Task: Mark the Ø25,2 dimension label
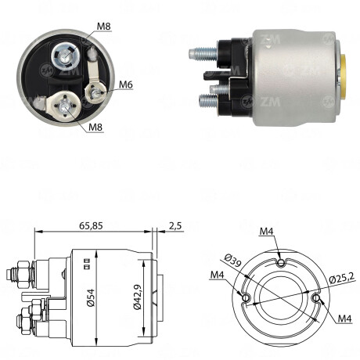tap(341, 277)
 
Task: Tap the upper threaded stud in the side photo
tap(202, 53)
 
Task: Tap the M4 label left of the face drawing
tap(218, 275)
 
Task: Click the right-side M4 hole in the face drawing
tap(316, 298)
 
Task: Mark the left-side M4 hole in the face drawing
tap(247, 298)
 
